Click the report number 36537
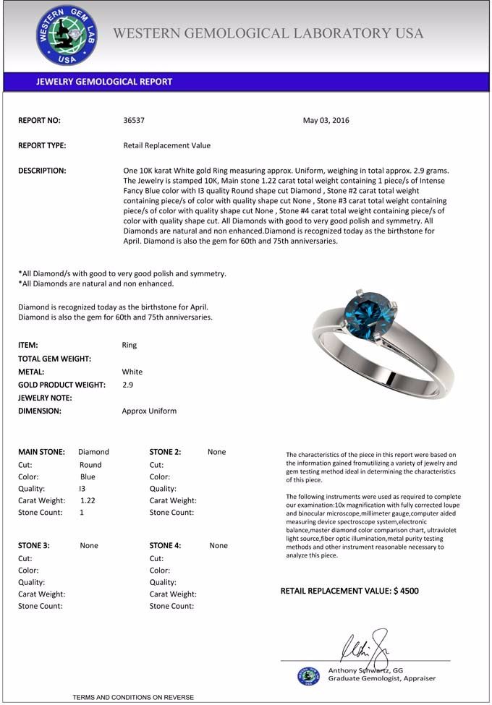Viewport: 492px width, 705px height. pos(135,121)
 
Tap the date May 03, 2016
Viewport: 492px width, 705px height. pos(326,121)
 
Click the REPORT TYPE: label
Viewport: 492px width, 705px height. pos(42,145)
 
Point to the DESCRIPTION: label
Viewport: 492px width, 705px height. pos(42,171)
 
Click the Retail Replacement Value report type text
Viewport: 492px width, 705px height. pos(167,145)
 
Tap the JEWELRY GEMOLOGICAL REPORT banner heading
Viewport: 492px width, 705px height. pos(104,82)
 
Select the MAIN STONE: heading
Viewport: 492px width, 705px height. pos(41,452)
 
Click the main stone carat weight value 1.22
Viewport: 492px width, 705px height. pos(88,500)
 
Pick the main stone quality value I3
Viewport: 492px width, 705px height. pos(82,488)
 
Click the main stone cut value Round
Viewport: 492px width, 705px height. pos(90,465)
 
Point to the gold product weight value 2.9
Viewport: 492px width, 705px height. pos(127,385)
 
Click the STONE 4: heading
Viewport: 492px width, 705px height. pos(166,546)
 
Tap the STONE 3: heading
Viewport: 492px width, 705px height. pos(33,546)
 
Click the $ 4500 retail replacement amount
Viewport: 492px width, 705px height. pos(406,591)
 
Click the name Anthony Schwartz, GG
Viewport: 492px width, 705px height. pos(365,670)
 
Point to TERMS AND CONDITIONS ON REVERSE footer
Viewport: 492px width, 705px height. pos(133,697)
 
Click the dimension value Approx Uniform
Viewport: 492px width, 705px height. pos(149,411)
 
